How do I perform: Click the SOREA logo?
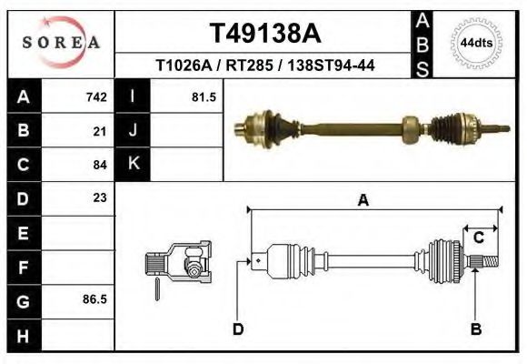[61, 43]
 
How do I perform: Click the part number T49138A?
[265, 34]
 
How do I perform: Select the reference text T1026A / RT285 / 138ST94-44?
[265, 66]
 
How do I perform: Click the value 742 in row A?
[95, 97]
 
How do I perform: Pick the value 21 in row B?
[100, 131]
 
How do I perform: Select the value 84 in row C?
[100, 165]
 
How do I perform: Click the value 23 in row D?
[100, 197]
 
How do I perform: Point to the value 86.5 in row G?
[94, 298]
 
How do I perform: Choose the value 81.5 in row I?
[204, 97]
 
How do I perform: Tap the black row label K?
[133, 165]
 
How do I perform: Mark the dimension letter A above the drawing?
[363, 201]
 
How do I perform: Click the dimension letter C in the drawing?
[477, 238]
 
